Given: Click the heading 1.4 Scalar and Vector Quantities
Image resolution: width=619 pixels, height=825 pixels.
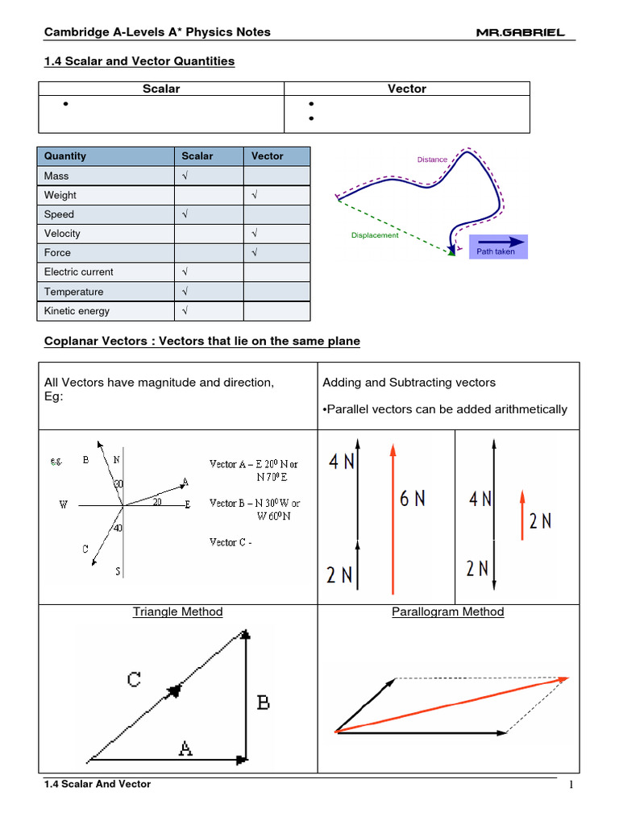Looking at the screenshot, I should [x=139, y=60].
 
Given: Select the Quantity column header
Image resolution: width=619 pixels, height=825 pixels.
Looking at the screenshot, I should [x=65, y=156].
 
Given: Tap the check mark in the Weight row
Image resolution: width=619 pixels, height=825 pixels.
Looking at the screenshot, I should [x=254, y=195].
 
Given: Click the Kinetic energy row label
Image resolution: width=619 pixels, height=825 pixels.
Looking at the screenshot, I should [x=77, y=311].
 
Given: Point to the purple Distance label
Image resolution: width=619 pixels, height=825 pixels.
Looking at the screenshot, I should [x=432, y=160].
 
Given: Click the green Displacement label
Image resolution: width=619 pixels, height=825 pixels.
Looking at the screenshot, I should [x=375, y=235].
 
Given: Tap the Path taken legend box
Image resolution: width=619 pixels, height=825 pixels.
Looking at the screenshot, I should [x=497, y=246].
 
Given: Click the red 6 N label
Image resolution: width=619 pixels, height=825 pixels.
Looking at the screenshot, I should [x=413, y=499].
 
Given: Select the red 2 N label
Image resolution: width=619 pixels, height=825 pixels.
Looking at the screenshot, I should [x=540, y=520].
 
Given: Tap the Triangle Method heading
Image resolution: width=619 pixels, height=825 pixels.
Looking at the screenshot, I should [x=177, y=611].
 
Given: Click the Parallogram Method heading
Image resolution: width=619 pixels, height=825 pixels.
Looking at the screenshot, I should [x=447, y=611].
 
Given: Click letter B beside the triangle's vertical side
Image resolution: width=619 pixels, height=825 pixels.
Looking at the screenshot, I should [x=263, y=703].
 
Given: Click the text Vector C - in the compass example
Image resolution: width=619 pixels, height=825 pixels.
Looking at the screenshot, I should [x=231, y=542].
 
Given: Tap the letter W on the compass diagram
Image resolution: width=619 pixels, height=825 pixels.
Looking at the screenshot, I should [x=64, y=505].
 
